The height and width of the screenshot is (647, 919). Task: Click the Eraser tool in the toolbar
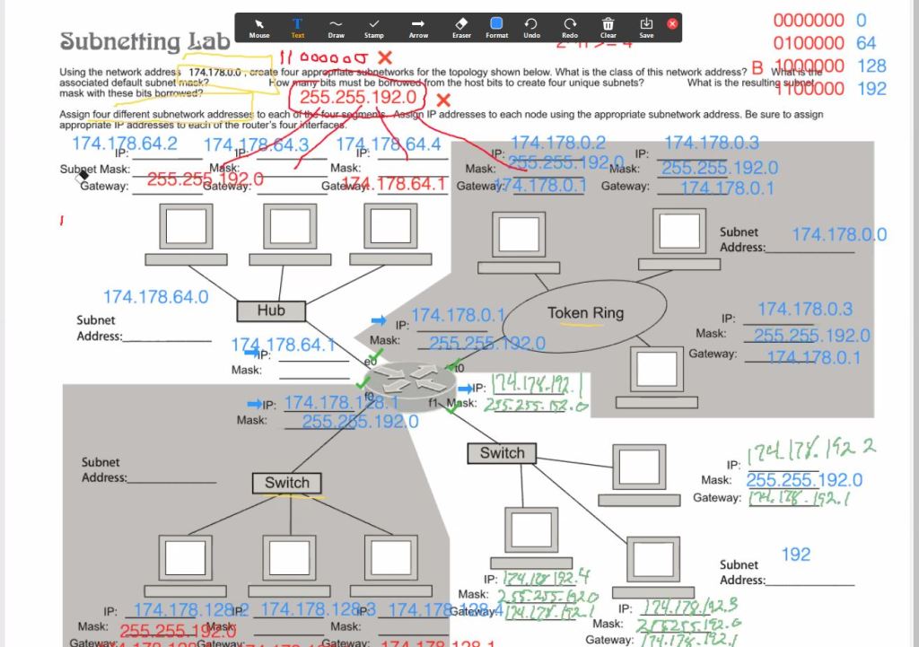point(461,26)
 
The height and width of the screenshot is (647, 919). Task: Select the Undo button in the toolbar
point(531,26)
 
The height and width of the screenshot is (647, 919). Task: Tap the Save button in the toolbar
point(646,26)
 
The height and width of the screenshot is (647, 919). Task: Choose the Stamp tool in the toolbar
point(374,26)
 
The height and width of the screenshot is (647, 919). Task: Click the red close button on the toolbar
point(672,24)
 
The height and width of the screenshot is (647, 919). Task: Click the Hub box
point(271,310)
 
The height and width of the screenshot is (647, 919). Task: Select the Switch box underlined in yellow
point(287,483)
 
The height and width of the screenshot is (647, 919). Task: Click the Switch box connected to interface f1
point(502,453)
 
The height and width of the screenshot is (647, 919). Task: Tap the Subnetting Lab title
point(145,41)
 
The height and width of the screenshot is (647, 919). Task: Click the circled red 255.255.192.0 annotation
point(358,97)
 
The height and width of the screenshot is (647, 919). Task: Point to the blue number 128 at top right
point(871,66)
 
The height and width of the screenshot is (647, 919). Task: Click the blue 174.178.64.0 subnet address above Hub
point(156,297)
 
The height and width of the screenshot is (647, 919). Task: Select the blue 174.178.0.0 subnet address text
point(838,234)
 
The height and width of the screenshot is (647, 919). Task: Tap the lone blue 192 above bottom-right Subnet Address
point(795,555)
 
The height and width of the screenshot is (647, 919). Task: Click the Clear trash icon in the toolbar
point(608,26)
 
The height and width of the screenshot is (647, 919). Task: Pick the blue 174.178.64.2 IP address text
point(125,144)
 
